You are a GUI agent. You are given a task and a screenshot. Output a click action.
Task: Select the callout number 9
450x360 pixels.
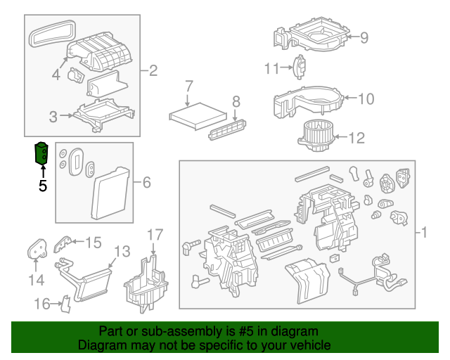coord(364,37)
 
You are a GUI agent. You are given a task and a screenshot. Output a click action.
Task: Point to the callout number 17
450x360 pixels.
coord(155,234)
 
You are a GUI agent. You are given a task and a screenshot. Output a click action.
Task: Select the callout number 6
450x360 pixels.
coord(146,183)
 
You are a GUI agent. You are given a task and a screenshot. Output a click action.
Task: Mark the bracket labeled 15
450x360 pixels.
coord(63,243)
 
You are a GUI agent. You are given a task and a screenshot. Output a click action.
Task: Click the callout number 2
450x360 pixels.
coord(153,70)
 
